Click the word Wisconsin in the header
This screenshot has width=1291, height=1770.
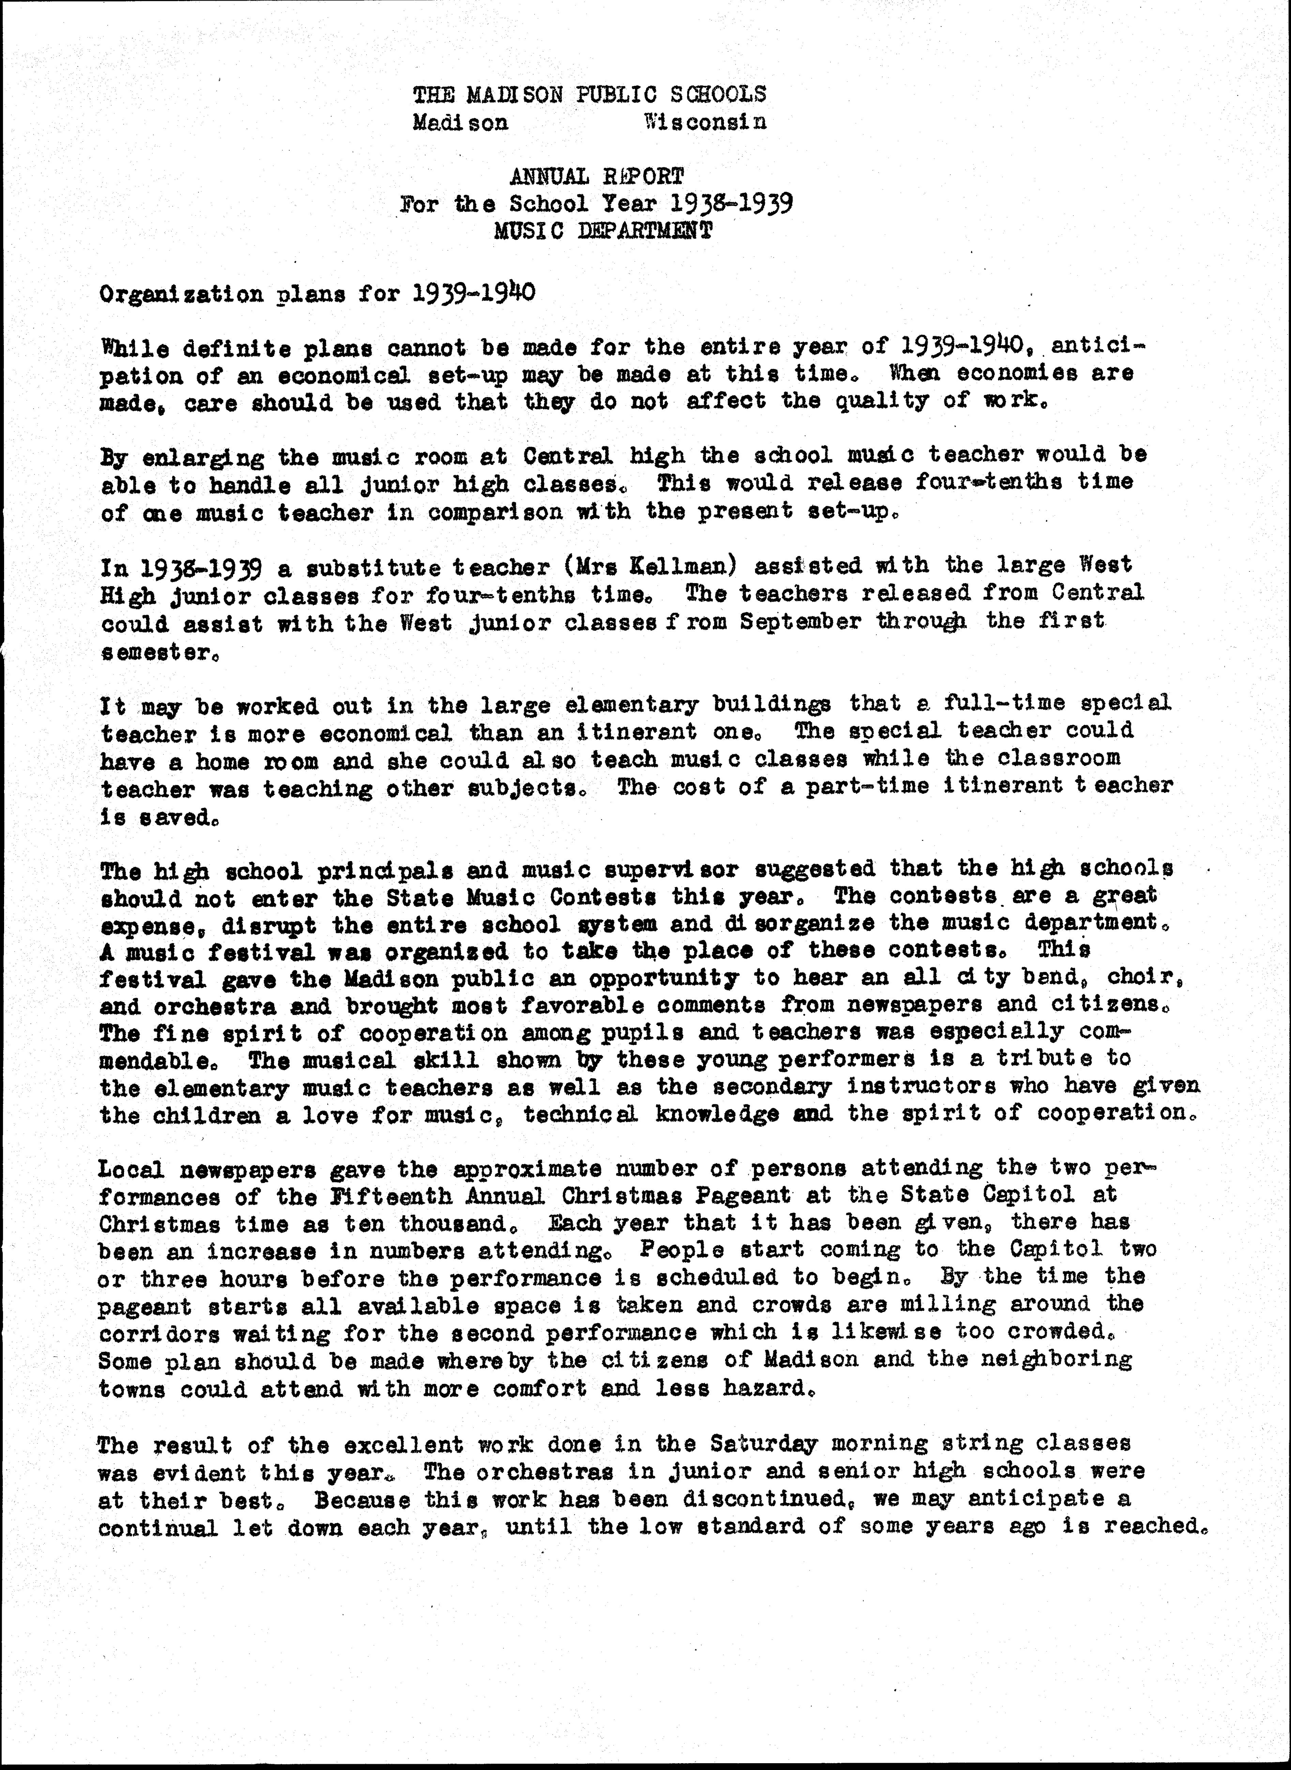(705, 122)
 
